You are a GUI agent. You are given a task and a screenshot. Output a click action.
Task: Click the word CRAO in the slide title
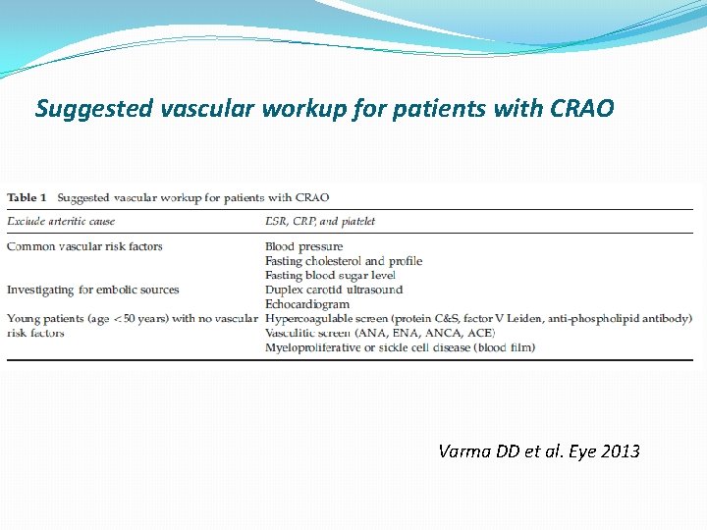click(577, 109)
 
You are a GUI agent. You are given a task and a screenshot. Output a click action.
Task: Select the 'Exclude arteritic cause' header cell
click(61, 221)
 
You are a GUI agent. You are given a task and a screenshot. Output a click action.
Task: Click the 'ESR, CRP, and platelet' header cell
click(320, 221)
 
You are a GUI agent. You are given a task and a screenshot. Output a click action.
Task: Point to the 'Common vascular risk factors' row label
click(84, 246)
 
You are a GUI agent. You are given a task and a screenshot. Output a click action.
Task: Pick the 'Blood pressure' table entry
click(304, 246)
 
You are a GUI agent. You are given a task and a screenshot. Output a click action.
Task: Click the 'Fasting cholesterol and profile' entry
click(344, 261)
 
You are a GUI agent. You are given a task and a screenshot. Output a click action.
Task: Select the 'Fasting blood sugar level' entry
click(330, 276)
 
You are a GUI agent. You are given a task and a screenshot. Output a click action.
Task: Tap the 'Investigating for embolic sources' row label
click(93, 290)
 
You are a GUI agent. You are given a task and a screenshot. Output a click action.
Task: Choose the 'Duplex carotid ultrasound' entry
click(334, 290)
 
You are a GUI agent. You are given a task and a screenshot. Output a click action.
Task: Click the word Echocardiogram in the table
click(306, 304)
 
